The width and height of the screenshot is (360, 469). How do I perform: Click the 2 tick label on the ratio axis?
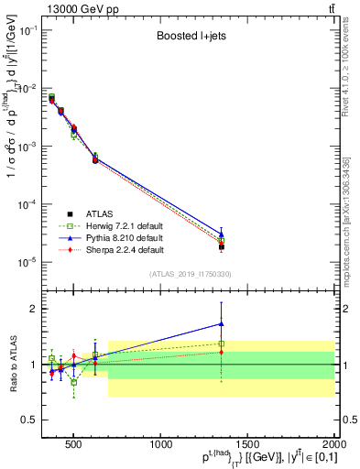(x=34, y=309)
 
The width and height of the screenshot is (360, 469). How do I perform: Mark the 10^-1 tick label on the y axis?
(x=27, y=31)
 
